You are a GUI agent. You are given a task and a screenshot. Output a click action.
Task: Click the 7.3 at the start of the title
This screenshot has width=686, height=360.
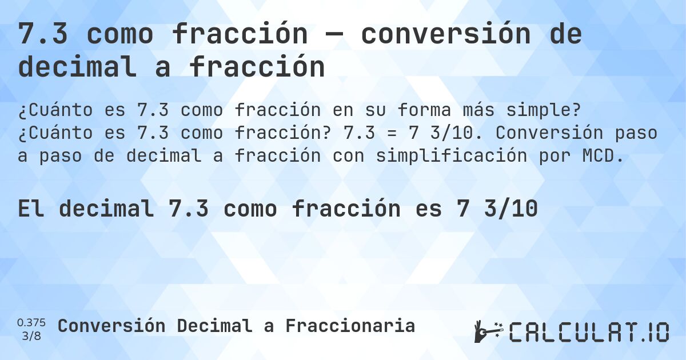[43, 34]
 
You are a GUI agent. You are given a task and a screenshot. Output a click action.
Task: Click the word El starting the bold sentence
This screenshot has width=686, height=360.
[32, 209]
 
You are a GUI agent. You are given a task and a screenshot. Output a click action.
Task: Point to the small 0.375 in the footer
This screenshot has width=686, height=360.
[31, 322]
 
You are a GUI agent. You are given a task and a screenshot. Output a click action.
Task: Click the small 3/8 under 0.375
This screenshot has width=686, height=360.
[31, 335]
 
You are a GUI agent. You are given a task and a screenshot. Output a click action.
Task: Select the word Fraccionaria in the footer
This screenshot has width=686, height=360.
[350, 326]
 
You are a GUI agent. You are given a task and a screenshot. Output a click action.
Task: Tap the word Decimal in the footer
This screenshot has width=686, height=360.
[214, 326]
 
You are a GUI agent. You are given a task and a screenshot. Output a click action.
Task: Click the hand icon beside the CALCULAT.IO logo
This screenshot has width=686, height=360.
[487, 331]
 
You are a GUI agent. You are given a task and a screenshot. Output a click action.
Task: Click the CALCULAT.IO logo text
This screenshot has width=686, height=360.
[589, 332]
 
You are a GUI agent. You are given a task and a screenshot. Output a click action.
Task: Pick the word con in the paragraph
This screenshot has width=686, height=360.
[348, 156]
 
